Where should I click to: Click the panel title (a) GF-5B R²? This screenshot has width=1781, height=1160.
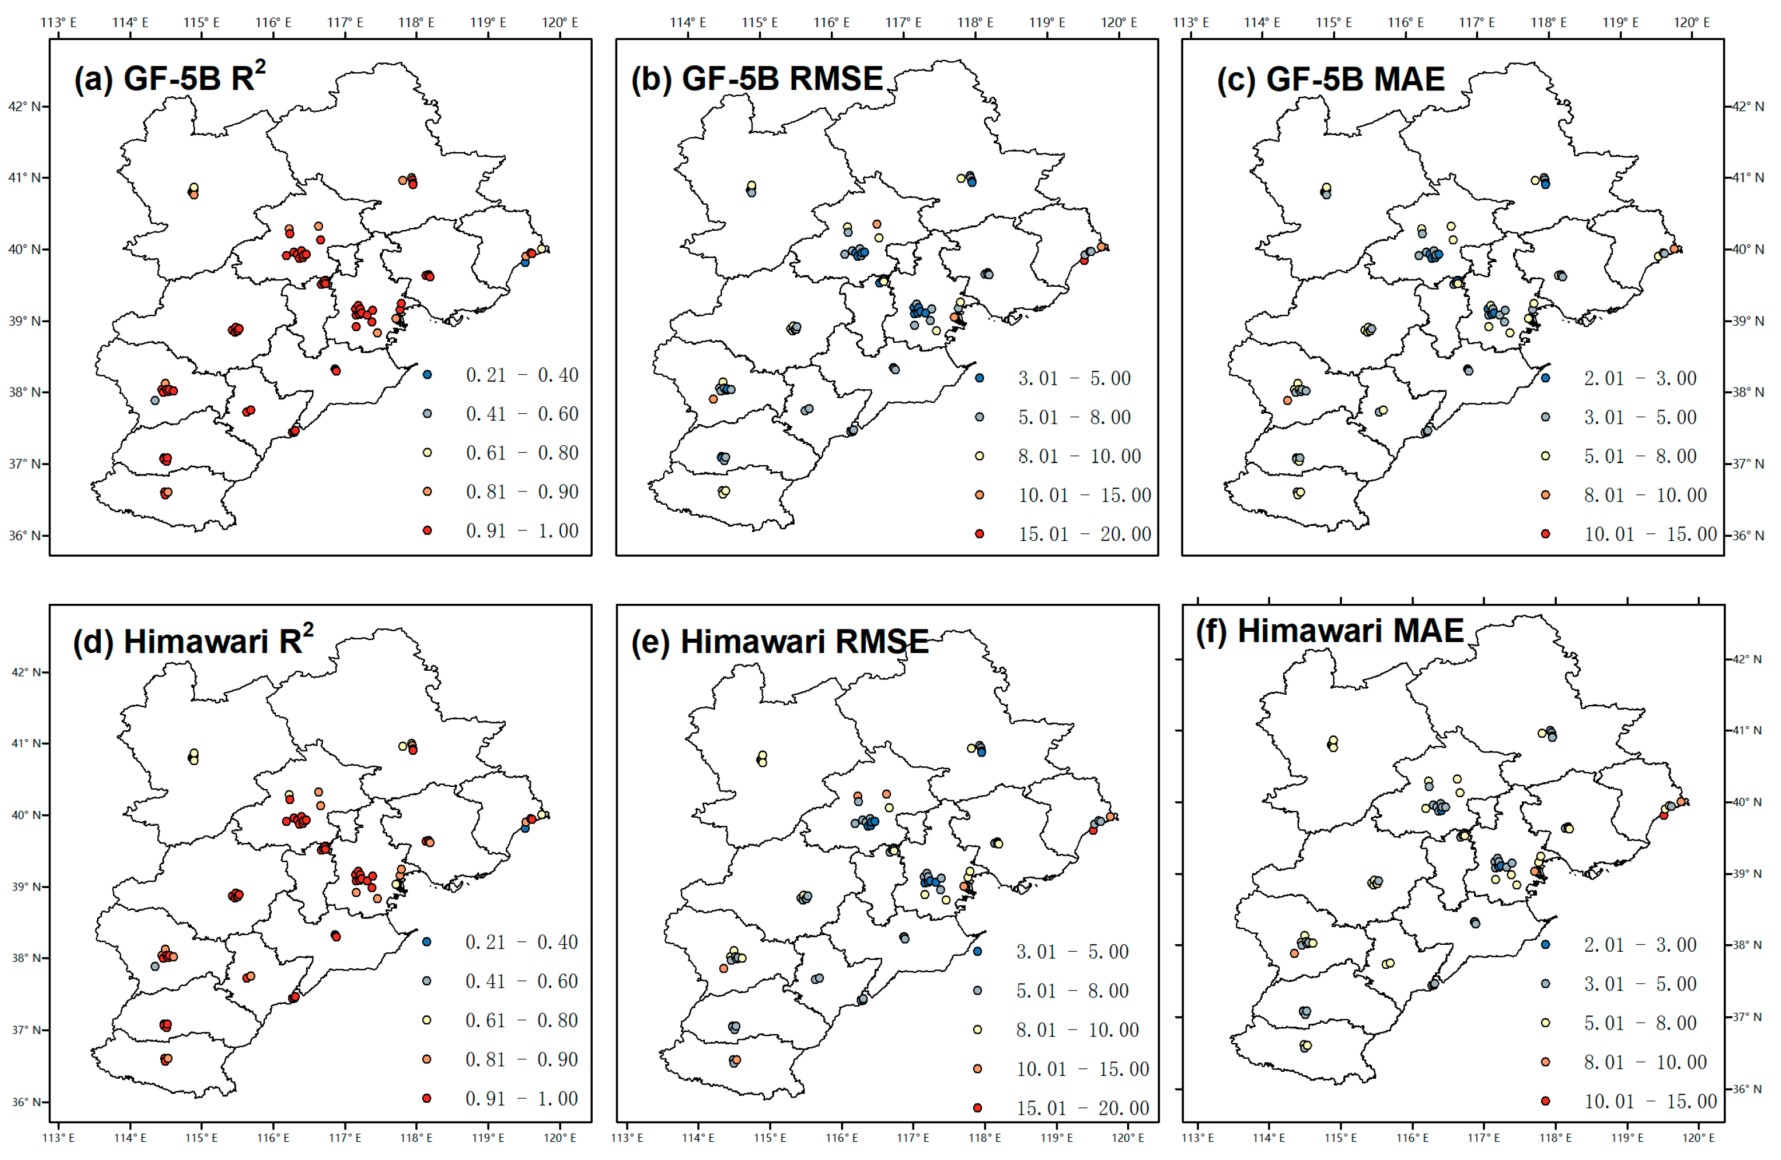click(x=170, y=78)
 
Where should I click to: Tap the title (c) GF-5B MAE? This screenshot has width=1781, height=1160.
click(x=1331, y=78)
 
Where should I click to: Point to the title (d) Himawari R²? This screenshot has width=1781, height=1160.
click(x=193, y=642)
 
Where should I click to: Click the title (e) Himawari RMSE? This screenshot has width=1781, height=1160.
click(x=780, y=642)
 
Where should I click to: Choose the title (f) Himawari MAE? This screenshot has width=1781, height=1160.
click(x=1329, y=630)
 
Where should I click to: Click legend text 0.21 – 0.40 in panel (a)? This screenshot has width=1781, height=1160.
click(x=522, y=375)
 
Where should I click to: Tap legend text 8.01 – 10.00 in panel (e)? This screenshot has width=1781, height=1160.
click(x=1077, y=1030)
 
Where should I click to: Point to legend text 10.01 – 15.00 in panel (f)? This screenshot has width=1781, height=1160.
click(x=1650, y=1102)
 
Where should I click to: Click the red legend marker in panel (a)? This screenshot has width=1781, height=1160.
click(x=427, y=530)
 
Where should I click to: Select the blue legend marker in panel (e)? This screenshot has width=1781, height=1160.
click(x=977, y=951)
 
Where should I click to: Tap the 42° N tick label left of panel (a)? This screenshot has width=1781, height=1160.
click(x=24, y=106)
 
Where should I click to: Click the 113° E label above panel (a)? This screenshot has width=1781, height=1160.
click(x=58, y=22)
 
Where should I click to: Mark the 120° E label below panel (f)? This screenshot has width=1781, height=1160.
click(x=1699, y=1138)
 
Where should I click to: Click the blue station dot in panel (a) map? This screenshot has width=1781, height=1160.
click(x=525, y=262)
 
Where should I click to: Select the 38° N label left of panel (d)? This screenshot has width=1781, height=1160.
click(x=27, y=958)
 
